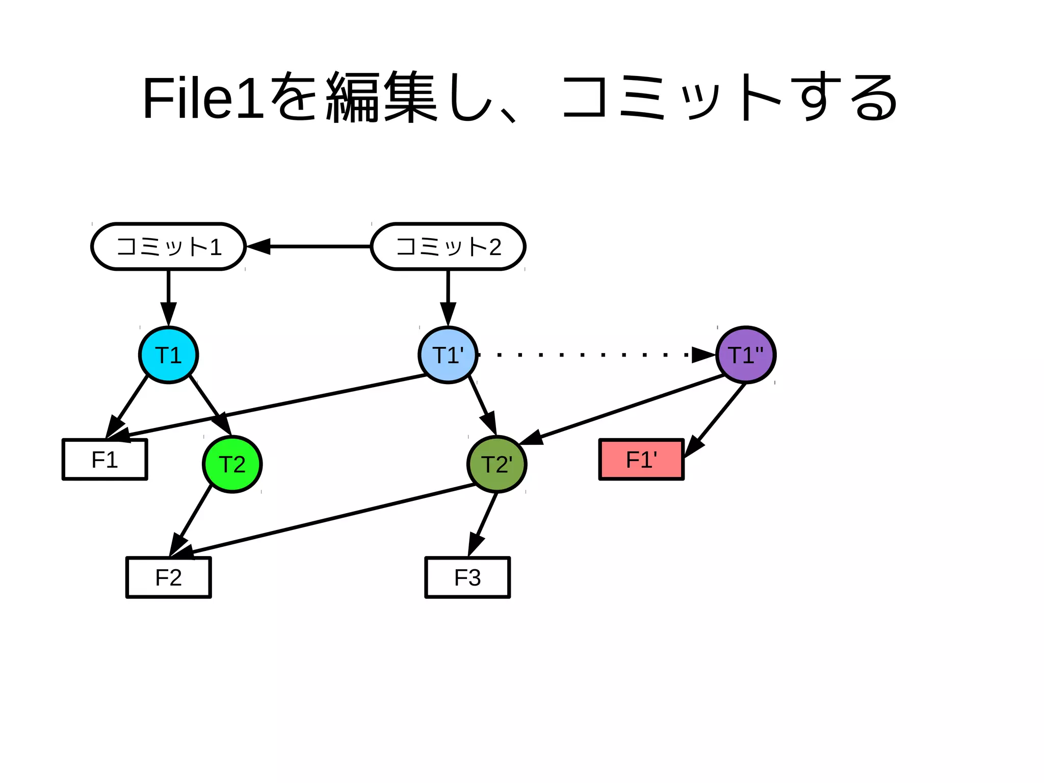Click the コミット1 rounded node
[168, 246]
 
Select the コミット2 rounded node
[448, 246]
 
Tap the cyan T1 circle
[168, 355]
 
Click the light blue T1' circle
[448, 355]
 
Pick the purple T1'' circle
[746, 355]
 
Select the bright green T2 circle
[232, 464]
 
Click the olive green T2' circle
[497, 464]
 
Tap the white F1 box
[105, 460]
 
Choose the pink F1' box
[641, 460]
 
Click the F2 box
[168, 577]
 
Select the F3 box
[467, 577]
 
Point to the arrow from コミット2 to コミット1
[316, 246]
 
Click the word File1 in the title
[203, 98]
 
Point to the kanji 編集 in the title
[381, 98]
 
